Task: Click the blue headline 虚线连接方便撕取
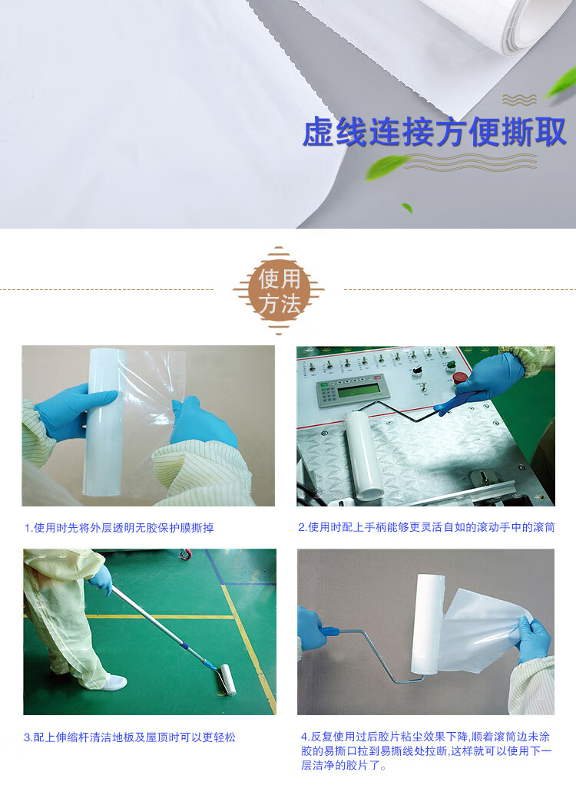pyautogui.click(x=434, y=133)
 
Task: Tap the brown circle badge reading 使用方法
pyautogui.click(x=279, y=291)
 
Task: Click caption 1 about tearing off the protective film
pyautogui.click(x=119, y=528)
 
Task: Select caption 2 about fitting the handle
pyautogui.click(x=426, y=527)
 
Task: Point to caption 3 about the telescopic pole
pyautogui.click(x=130, y=737)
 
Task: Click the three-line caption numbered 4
pyautogui.click(x=426, y=751)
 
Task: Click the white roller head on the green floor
pyautogui.click(x=227, y=680)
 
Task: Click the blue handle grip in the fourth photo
pyautogui.click(x=329, y=632)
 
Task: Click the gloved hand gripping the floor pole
pyautogui.click(x=101, y=579)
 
